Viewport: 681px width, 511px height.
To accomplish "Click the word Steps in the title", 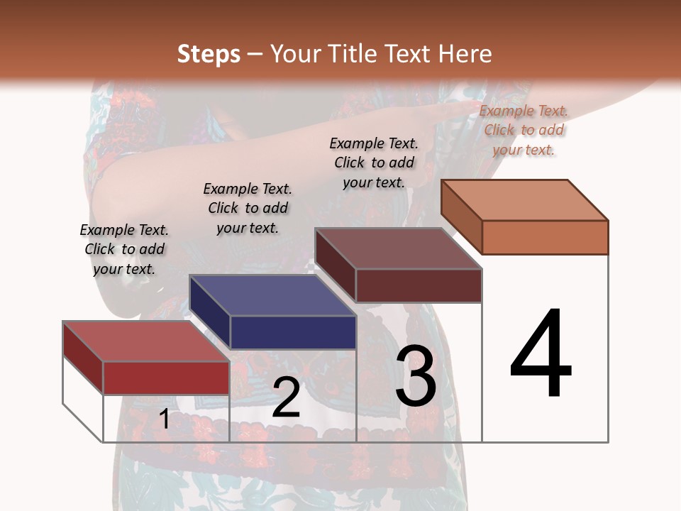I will click(x=209, y=54).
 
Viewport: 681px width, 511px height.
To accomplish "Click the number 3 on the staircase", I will click(x=416, y=375).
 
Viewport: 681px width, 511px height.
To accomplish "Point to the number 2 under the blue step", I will click(x=286, y=398).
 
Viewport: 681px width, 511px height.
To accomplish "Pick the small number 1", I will click(x=164, y=419).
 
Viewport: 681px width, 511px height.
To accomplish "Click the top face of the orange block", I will click(x=525, y=199).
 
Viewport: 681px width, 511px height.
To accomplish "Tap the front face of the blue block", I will click(x=293, y=332).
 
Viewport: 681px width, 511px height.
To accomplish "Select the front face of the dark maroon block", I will click(x=419, y=285).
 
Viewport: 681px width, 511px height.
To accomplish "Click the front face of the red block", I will click(x=166, y=378).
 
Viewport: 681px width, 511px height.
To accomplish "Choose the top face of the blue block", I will click(x=272, y=295).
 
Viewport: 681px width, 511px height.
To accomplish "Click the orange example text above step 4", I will click(x=524, y=130).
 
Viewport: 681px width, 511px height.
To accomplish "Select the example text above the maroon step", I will click(x=374, y=163).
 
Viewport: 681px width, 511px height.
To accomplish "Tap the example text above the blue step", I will click(x=248, y=208).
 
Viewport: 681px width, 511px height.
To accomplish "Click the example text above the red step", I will click(x=124, y=249).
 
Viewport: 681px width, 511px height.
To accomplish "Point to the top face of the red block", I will click(x=146, y=341).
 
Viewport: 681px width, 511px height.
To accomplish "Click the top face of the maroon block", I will click(x=399, y=248).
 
